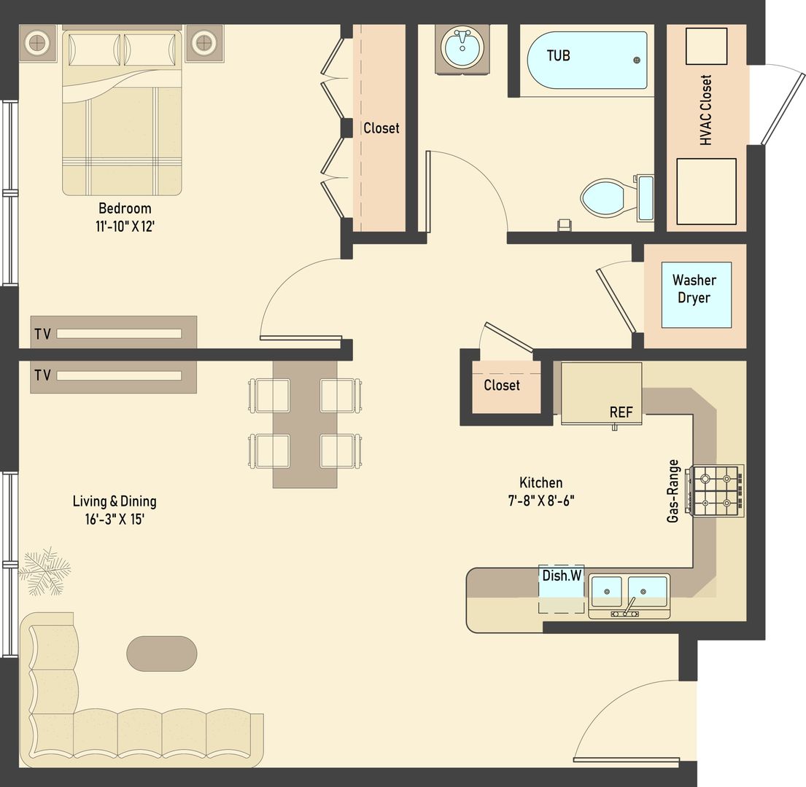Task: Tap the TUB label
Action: [x=559, y=55]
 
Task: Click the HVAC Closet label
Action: [x=705, y=110]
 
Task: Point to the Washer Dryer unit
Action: [x=695, y=289]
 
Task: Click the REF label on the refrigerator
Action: [x=621, y=412]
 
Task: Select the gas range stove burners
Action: [x=716, y=491]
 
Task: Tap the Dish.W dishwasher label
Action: [x=562, y=576]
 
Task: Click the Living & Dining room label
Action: [x=115, y=509]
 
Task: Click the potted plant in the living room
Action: [x=44, y=570]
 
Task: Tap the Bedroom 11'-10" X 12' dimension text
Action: [x=125, y=217]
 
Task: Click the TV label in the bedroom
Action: [x=42, y=334]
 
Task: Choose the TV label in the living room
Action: [x=42, y=375]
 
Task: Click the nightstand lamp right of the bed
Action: [x=204, y=43]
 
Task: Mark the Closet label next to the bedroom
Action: [x=381, y=128]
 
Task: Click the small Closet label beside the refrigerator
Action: [x=502, y=385]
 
